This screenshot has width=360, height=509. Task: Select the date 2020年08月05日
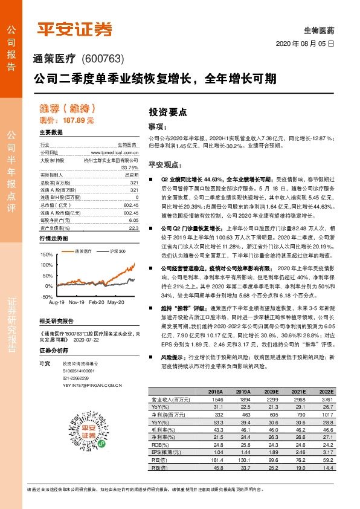point(304,44)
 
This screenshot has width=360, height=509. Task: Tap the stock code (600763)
point(102,59)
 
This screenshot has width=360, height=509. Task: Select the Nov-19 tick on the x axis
point(76,301)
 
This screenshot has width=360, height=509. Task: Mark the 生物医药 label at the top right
point(321,30)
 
